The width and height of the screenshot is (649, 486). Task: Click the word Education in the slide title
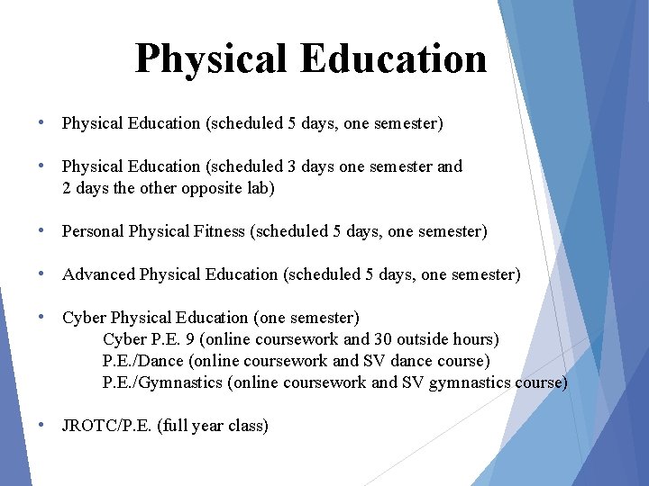point(394,59)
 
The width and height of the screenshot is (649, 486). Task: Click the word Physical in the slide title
point(213,59)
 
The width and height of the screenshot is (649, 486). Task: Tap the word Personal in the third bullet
point(94,231)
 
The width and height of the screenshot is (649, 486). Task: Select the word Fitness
point(222,231)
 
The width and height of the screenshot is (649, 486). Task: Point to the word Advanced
point(98,274)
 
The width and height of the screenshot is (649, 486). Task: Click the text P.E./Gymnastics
point(162,382)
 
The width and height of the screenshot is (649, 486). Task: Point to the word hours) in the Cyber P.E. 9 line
point(474,339)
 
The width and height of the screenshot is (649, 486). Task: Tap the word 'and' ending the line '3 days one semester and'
point(449,166)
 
